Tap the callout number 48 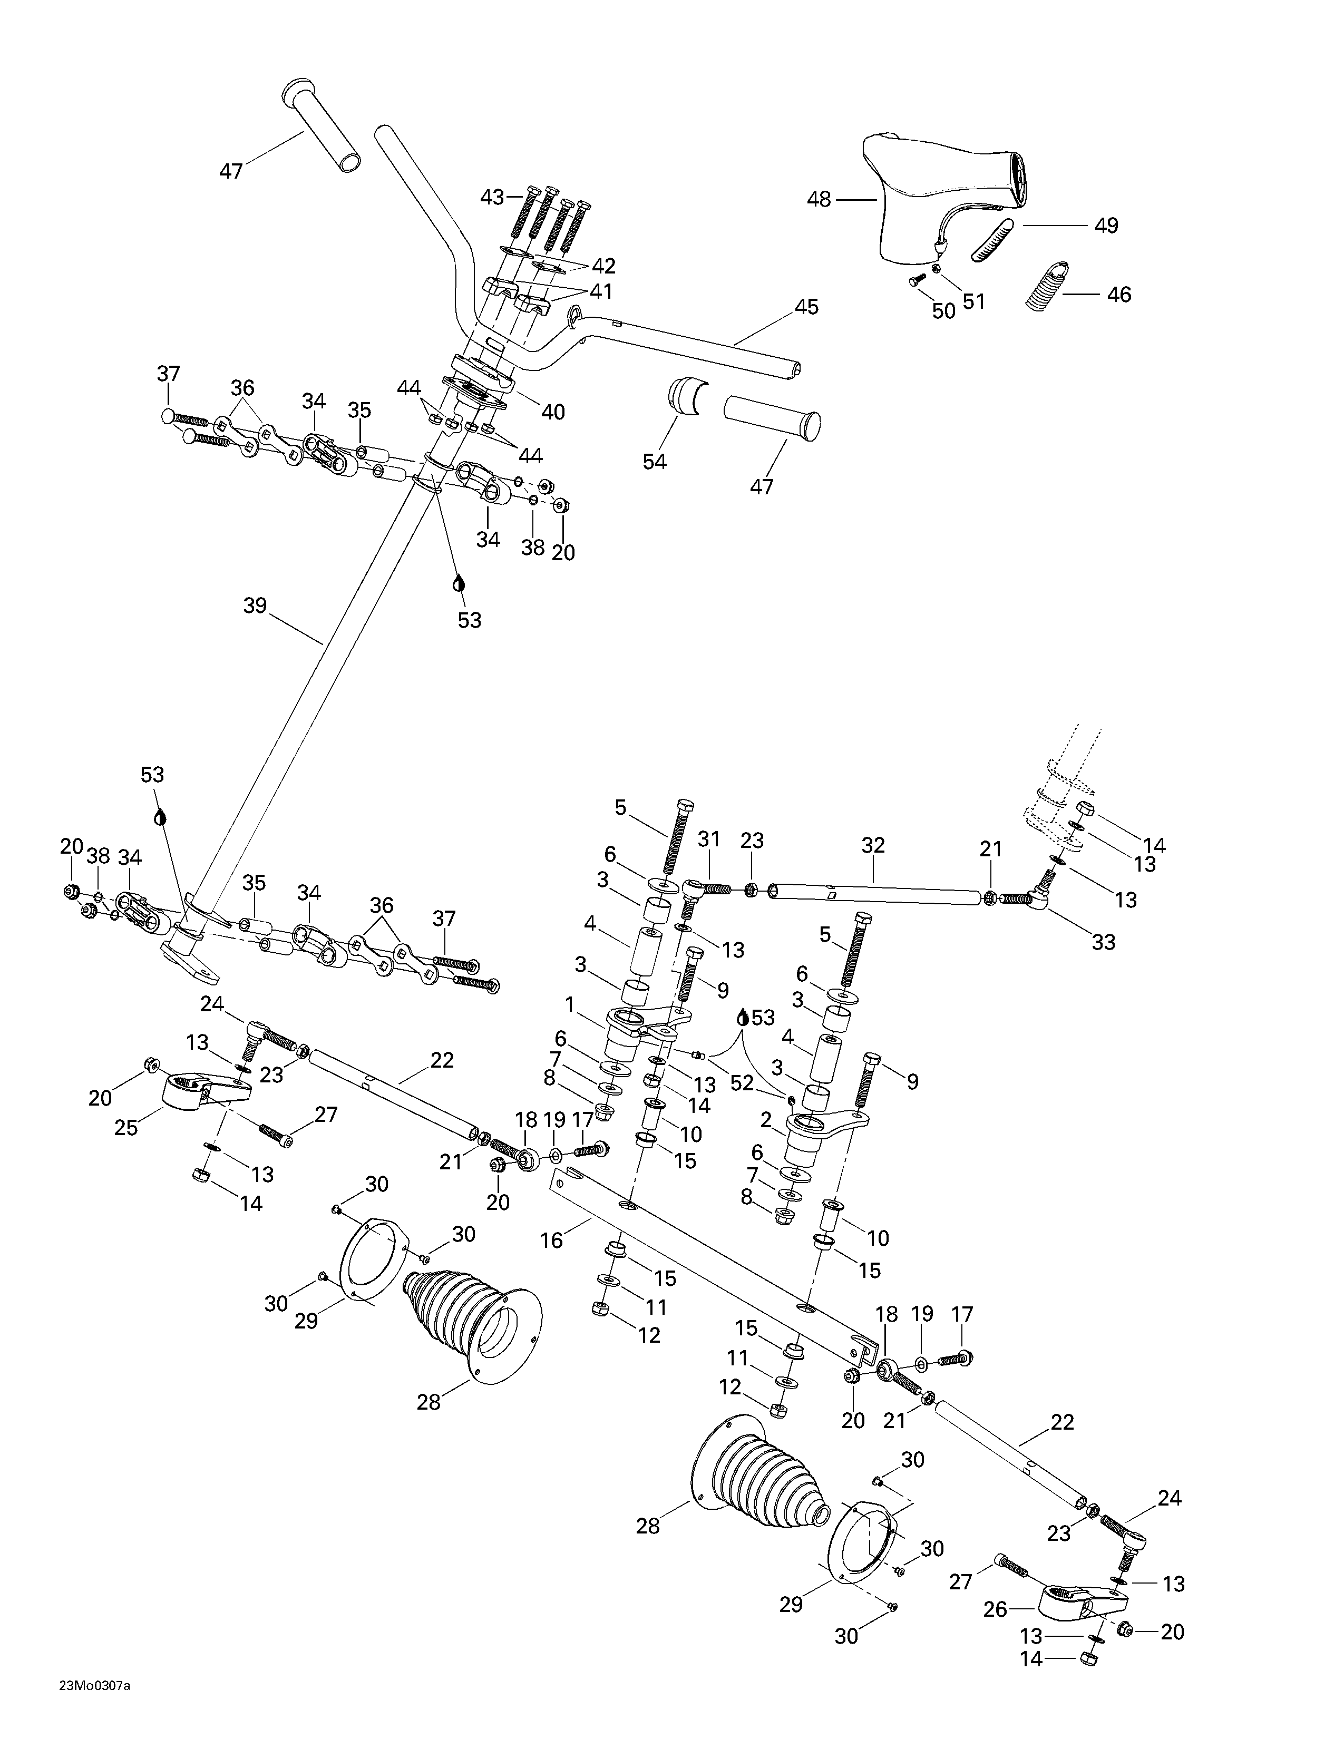pyautogui.click(x=819, y=199)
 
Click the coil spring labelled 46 pyautogui.click(x=1046, y=287)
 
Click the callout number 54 pyautogui.click(x=655, y=461)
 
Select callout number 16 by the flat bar pyautogui.click(x=551, y=1240)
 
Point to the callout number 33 pyautogui.click(x=1104, y=943)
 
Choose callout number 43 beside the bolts pyautogui.click(x=493, y=196)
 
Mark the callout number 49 pyautogui.click(x=1106, y=226)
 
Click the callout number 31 pyautogui.click(x=708, y=838)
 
